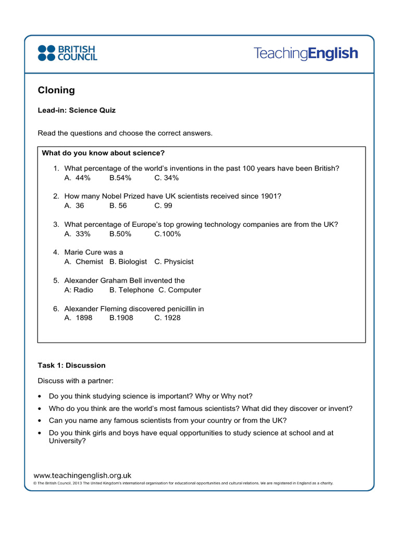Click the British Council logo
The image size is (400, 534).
coord(67,53)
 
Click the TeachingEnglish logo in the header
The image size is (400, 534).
coord(306,53)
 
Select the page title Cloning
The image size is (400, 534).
coord(56,90)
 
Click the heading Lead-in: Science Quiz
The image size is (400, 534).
coord(77,111)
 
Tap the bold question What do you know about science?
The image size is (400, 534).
coord(103,153)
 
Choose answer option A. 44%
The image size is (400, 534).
coord(78,178)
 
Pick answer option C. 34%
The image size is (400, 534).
coord(167,178)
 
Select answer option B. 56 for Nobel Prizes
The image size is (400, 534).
coord(118,206)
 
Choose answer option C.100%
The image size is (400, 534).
coord(168,234)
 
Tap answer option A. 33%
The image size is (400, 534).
coord(78,234)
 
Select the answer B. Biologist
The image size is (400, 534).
coord(129,262)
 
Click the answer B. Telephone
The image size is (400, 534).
coord(132,290)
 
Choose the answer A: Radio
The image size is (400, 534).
coord(79,290)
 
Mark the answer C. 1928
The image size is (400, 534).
coord(168,318)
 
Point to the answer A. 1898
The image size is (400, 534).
coord(79,318)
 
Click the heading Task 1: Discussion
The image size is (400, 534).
coord(71,366)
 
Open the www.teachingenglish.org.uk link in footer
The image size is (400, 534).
coord(82,475)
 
